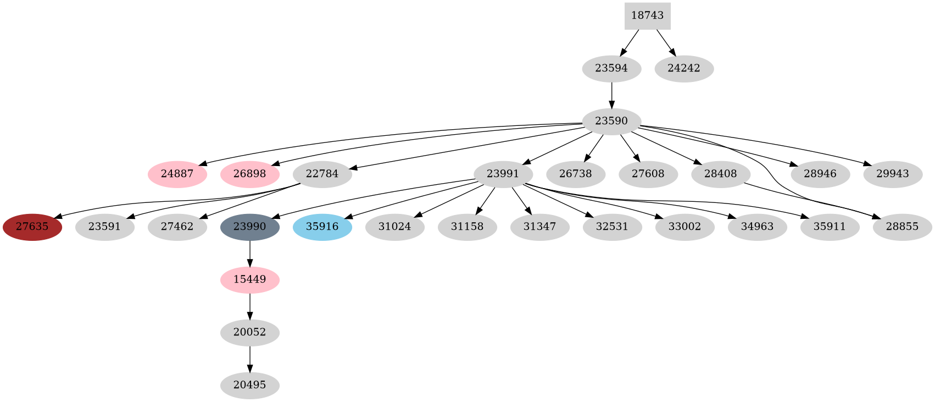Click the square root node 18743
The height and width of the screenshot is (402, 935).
[647, 16]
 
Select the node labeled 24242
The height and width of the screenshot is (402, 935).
[684, 69]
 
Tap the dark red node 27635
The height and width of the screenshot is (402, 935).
[32, 227]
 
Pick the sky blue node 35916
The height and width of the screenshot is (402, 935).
[322, 227]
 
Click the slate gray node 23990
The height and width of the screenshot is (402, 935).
[250, 227]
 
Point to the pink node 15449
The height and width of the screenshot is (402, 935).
[250, 279]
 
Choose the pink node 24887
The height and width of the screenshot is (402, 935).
[177, 174]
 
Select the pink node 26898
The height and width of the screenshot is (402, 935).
[250, 174]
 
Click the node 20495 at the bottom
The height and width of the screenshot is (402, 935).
[250, 385]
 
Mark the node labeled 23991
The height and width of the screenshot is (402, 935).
[503, 174]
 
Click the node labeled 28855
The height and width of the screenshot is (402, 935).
[902, 227]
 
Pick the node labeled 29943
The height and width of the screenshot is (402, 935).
[893, 174]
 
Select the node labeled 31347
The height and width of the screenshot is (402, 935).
[539, 227]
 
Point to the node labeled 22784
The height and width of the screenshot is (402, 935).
[322, 174]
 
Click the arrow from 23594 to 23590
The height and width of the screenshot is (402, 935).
[611, 95]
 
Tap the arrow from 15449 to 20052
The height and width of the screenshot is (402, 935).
[250, 306]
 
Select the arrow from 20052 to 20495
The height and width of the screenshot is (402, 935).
[250, 359]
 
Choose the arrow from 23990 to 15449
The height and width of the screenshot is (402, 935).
[250, 253]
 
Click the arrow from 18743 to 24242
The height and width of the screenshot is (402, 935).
[665, 42]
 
